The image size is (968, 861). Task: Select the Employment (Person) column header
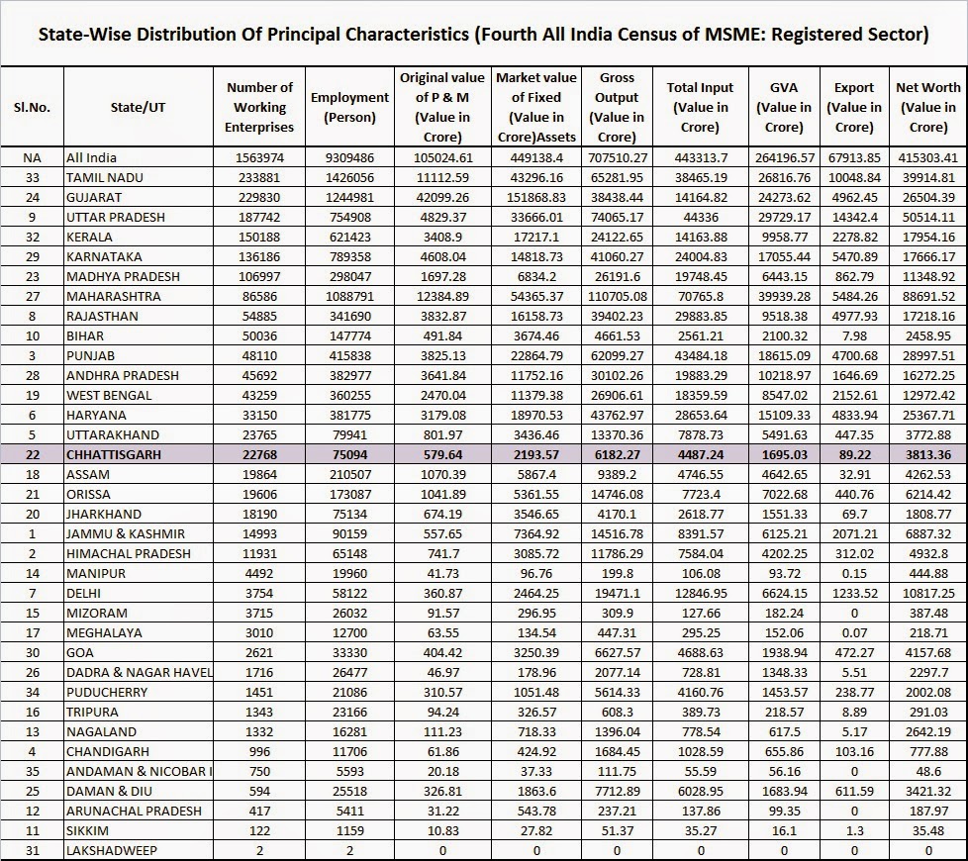click(349, 107)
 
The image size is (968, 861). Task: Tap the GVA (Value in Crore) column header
click(784, 107)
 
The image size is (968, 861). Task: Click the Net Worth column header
click(927, 107)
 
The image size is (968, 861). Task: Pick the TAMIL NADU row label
click(104, 177)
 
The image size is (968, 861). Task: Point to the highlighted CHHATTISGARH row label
click(114, 454)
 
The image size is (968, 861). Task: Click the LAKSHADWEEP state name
click(111, 850)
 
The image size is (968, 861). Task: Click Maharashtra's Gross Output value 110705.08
click(617, 296)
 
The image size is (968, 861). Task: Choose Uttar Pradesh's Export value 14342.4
click(854, 217)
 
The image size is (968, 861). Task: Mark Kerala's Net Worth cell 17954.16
click(927, 237)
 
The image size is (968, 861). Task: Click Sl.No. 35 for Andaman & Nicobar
click(32, 771)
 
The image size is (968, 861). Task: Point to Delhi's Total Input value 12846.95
click(701, 593)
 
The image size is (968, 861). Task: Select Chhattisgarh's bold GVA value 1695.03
click(784, 454)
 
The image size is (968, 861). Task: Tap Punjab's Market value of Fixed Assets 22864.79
click(536, 355)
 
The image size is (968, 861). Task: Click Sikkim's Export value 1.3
click(854, 830)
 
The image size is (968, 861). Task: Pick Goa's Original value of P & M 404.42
click(442, 652)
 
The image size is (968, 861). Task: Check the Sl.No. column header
click(32, 107)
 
